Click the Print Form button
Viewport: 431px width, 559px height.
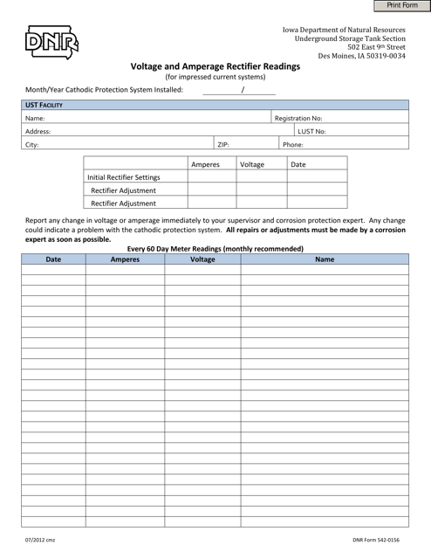point(396,6)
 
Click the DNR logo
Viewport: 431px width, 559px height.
point(51,41)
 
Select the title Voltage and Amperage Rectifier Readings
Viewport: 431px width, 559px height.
point(215,66)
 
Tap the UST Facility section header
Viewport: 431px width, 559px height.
point(44,105)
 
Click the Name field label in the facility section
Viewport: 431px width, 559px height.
point(35,118)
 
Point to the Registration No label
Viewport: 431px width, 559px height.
point(298,118)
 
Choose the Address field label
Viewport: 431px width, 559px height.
point(38,131)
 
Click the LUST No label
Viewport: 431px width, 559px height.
point(311,131)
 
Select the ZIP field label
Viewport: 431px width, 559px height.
point(223,145)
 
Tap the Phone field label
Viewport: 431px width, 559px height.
point(293,145)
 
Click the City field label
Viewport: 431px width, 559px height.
point(32,145)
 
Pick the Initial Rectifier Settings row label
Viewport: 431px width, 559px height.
point(123,177)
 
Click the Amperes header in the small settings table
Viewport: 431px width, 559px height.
point(205,164)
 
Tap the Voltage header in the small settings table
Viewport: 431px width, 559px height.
point(252,164)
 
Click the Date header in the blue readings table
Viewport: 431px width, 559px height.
point(53,259)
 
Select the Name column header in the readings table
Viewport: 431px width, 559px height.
point(324,259)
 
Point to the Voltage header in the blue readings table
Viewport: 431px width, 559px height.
point(202,259)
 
